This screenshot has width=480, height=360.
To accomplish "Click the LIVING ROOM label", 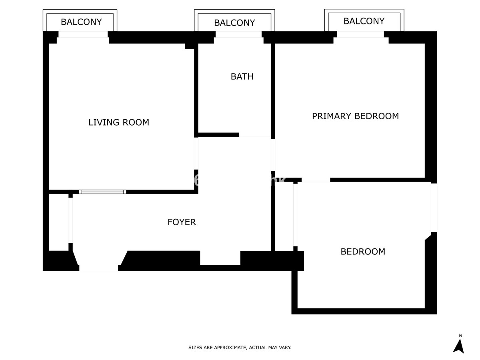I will pos(119,122).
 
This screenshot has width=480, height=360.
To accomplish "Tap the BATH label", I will pos(242,76).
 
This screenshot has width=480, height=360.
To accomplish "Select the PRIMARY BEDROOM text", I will pos(355,116).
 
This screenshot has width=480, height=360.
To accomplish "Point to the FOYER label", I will pos(182,222).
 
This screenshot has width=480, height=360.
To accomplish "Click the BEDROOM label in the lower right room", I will pos(363,252).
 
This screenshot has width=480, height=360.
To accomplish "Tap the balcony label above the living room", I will pos(81,22).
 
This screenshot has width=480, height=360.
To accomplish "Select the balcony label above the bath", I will pos(234,23).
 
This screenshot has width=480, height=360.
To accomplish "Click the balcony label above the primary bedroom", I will pos(364,21).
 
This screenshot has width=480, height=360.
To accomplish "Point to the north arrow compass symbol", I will pos(458,346).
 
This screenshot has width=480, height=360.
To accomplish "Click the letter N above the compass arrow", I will pos(460,336).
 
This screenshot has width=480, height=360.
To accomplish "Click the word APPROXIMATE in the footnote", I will pos(230,348).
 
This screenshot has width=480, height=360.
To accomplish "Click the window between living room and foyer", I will pos(102,192).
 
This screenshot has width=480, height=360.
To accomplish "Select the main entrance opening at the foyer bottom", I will pos(98,268).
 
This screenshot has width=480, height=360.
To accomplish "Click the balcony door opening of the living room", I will pos(83,34).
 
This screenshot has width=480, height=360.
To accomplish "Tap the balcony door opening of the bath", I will pos(239,34).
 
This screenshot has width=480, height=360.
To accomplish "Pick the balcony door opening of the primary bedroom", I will pos(361,34).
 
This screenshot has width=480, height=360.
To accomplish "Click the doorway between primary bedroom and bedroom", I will pos(316,180).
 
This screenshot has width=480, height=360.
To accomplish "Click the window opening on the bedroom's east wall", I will pos(434,207).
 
